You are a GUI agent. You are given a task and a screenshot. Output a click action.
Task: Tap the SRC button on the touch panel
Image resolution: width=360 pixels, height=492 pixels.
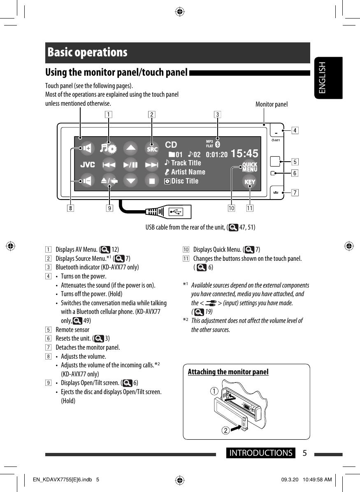152,149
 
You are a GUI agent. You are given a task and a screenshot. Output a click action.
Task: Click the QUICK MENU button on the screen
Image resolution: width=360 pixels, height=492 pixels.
250,167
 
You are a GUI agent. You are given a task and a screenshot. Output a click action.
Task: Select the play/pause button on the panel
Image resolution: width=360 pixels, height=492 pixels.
130,165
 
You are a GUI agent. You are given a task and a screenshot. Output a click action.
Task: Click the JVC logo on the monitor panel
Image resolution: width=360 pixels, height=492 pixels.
87,165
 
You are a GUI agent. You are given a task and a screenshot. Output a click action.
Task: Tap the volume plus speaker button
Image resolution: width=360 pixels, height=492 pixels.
87,149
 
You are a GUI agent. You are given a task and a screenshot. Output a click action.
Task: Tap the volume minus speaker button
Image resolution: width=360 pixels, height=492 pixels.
87,180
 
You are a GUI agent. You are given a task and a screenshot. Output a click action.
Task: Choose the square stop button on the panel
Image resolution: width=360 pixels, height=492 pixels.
152,181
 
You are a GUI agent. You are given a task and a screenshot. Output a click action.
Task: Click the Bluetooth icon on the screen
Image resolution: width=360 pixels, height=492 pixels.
218,144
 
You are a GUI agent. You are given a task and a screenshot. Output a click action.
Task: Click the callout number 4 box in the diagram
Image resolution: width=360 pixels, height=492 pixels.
295,131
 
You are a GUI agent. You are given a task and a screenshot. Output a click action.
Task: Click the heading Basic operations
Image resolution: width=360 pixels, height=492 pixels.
87,53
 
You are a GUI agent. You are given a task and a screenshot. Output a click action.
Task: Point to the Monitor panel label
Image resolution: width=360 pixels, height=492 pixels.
272,104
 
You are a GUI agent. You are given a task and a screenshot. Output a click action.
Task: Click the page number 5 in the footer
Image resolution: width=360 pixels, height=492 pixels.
304,453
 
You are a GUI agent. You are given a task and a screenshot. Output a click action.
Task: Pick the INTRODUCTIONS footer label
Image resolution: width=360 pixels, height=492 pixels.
261,453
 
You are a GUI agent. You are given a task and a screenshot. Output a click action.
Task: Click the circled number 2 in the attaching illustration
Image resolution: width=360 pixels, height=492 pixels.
226,430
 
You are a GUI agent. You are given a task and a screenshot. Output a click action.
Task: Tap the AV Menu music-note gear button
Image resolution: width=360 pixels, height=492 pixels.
109,149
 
